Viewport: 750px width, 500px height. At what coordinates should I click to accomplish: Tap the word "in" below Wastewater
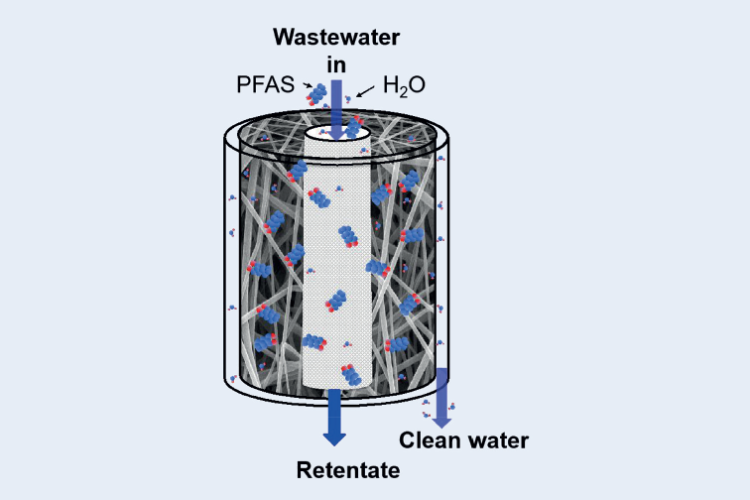(x=336, y=63)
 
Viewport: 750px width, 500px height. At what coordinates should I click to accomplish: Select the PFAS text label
(x=265, y=86)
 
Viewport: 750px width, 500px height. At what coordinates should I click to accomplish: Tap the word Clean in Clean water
(x=429, y=440)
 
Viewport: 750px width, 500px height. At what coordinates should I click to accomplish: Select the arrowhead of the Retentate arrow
(x=334, y=435)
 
